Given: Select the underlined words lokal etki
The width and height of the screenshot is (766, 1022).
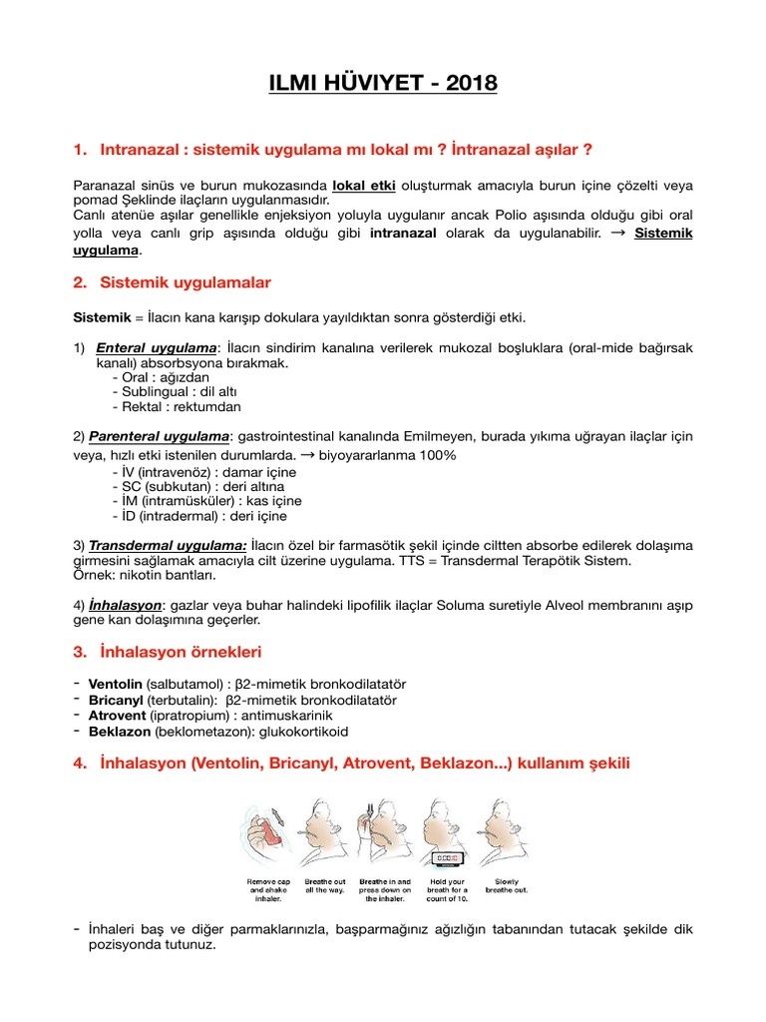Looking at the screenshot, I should tap(365, 185).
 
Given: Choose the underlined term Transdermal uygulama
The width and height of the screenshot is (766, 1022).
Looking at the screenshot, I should tap(169, 545).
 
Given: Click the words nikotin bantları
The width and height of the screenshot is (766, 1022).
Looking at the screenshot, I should tap(178, 576).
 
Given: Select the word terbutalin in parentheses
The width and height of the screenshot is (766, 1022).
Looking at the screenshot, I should tap(189, 700).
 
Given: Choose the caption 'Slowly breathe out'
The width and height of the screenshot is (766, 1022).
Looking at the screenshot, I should tap(507, 884).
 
